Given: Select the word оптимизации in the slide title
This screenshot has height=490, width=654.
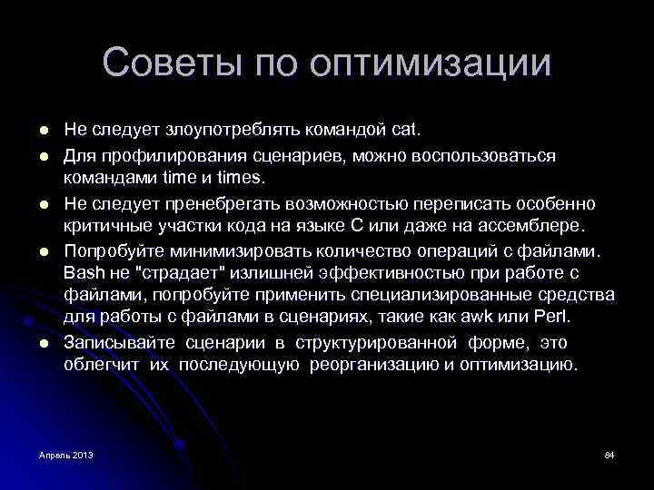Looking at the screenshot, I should click(430, 64).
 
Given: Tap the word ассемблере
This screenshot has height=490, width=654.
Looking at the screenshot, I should click(541, 224).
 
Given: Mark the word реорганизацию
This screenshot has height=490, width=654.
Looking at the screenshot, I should click(369, 366).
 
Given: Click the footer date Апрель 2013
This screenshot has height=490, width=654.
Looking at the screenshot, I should click(65, 454).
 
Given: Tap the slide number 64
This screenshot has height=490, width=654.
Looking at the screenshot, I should click(609, 454).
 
